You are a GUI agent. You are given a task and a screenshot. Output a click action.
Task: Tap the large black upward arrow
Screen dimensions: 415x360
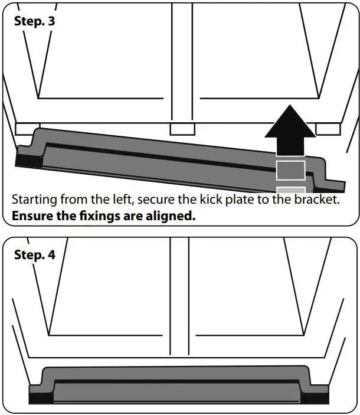[x=290, y=130]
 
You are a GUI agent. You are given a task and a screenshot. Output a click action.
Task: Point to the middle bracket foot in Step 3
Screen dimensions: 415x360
[x=181, y=129]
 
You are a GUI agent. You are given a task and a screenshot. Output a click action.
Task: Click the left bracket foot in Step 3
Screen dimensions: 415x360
[x=27, y=128]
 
